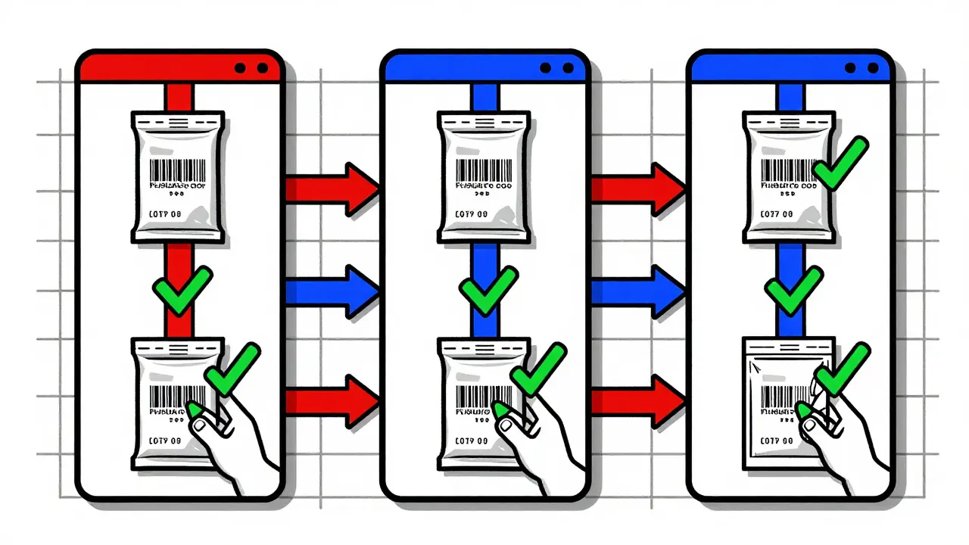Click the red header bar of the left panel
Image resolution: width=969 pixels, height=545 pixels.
point(151,67)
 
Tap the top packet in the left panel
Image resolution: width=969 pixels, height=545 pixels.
point(179,178)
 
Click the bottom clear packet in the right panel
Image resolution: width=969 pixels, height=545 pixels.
point(780,401)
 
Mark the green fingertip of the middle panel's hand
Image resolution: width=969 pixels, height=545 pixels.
point(500,411)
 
